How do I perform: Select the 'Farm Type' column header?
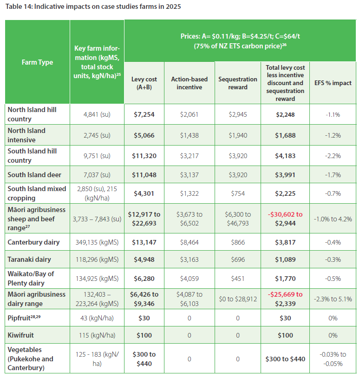click(37, 62)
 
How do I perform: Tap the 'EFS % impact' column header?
click(333, 83)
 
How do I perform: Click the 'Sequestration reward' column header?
click(238, 83)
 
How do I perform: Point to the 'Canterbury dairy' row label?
click(33, 242)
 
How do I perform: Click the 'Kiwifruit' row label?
click(22, 334)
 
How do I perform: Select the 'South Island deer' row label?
click(34, 175)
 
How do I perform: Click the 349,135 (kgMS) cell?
click(97, 242)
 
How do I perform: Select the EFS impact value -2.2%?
click(333, 155)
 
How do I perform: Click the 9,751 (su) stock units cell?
click(97, 155)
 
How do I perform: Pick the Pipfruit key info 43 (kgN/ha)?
click(97, 318)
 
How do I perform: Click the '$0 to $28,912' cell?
click(238, 299)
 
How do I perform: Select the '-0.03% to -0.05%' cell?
click(333, 359)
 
